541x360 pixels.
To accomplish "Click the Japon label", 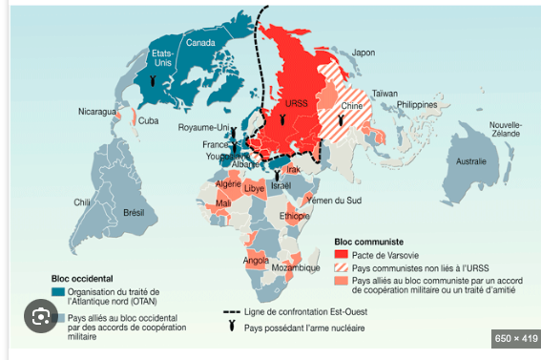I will [x=364, y=52].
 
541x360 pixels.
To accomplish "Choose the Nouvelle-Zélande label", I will [x=508, y=130].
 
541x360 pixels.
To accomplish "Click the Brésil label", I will [x=132, y=211].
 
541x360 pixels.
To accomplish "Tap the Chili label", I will [x=84, y=202].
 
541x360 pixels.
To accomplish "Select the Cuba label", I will [x=149, y=120].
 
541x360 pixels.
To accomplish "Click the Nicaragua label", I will [x=96, y=112].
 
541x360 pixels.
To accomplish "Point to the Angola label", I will [x=256, y=260].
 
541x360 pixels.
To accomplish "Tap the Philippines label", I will [x=424, y=103].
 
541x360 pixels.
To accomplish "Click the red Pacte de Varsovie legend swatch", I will [x=341, y=255].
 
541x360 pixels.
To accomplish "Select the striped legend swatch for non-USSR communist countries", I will [x=341, y=267].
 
